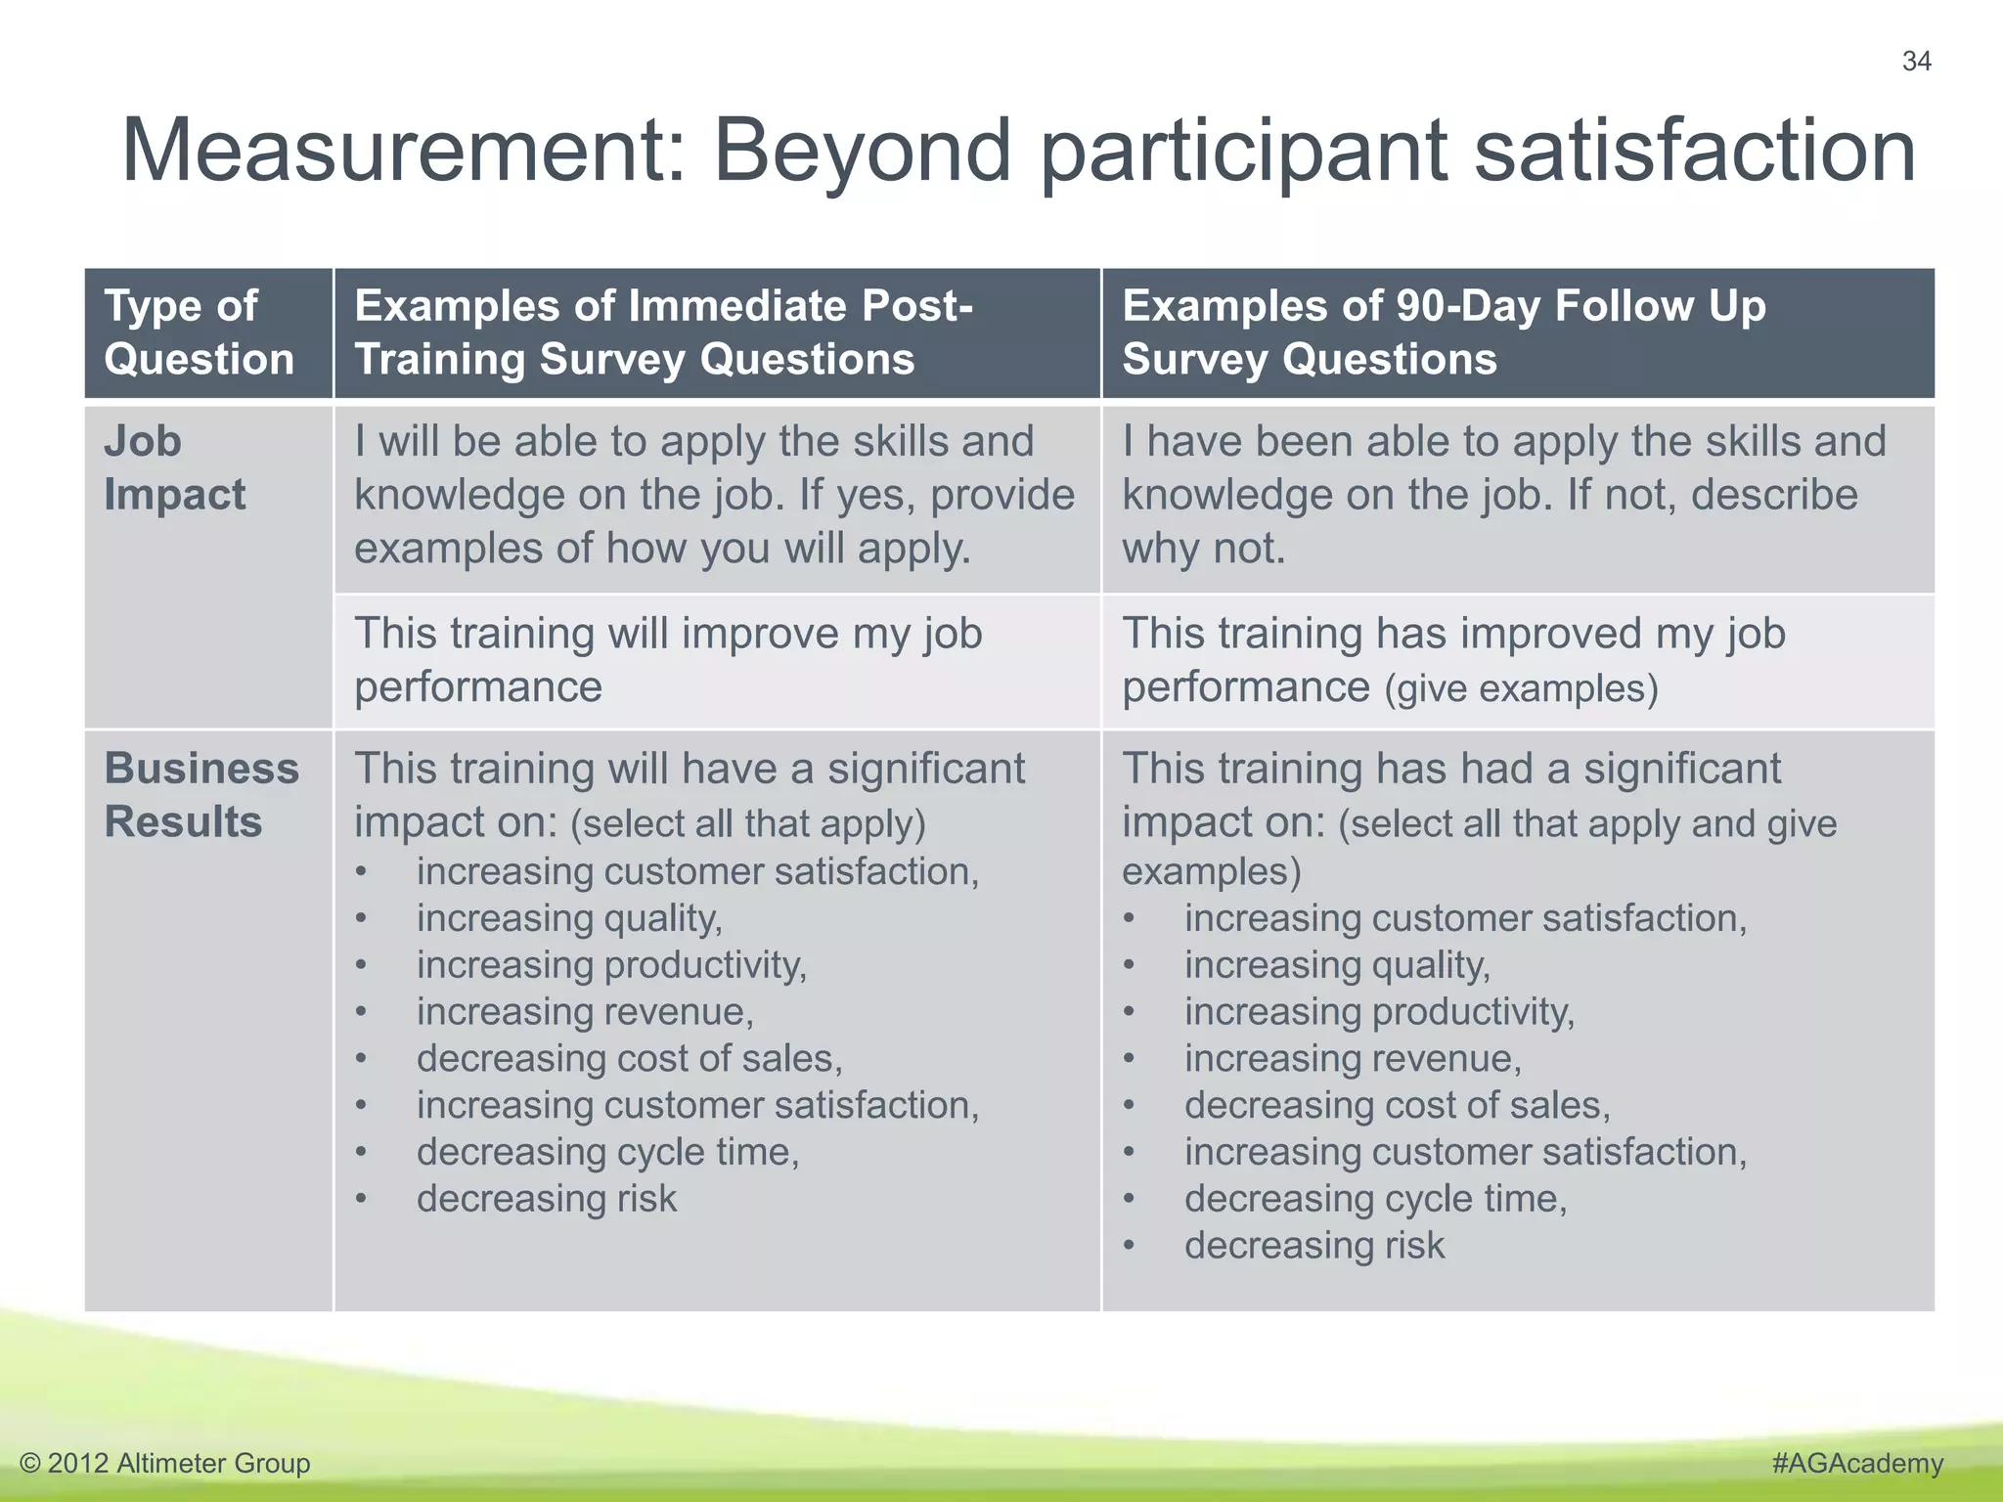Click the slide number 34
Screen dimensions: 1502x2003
1916,62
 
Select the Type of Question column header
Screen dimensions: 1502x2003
200,332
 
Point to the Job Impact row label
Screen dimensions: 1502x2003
174,468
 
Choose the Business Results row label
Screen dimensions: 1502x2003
201,795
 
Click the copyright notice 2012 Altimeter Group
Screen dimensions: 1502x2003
164,1463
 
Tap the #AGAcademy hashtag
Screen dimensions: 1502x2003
1856,1463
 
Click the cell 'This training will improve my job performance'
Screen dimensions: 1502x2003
667,660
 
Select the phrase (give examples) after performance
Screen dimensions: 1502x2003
1521,689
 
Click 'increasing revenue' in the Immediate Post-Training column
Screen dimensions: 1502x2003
584,1012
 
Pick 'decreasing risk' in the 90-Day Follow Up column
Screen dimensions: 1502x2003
1313,1246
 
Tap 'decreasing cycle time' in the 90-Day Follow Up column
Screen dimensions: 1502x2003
1374,1199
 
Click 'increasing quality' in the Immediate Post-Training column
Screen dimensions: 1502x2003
568,919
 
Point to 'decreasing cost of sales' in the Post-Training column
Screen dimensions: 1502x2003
628,1059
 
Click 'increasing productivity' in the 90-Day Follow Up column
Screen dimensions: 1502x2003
1378,1012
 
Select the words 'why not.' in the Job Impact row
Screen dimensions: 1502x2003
1203,549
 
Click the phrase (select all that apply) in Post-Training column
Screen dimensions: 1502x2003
748,824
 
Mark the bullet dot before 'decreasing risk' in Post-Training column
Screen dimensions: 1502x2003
362,1200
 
